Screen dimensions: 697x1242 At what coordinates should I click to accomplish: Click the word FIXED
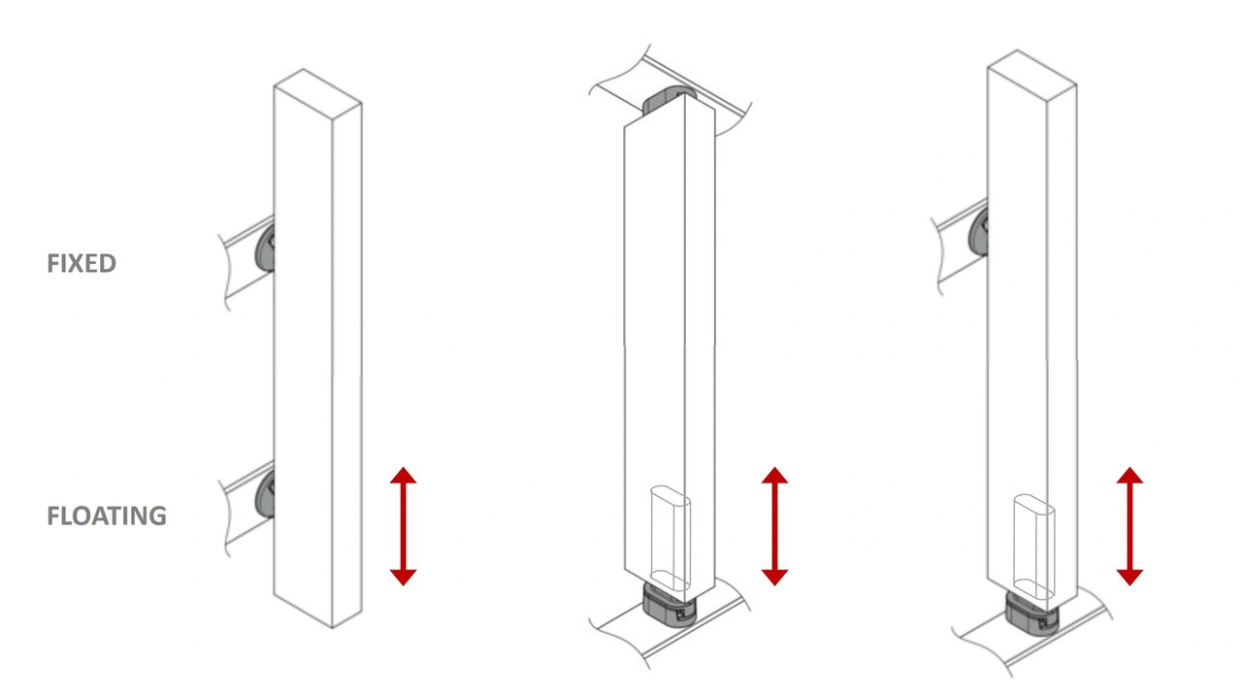tap(82, 263)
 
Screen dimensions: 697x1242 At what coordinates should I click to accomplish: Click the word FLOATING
tap(107, 515)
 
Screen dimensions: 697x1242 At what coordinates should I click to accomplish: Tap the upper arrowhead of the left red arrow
tap(403, 476)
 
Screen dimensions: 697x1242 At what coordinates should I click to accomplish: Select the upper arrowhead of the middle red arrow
tap(774, 476)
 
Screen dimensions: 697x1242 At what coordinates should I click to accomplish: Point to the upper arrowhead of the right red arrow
tap(1129, 476)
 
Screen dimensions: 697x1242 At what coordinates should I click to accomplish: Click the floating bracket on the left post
tap(265, 493)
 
